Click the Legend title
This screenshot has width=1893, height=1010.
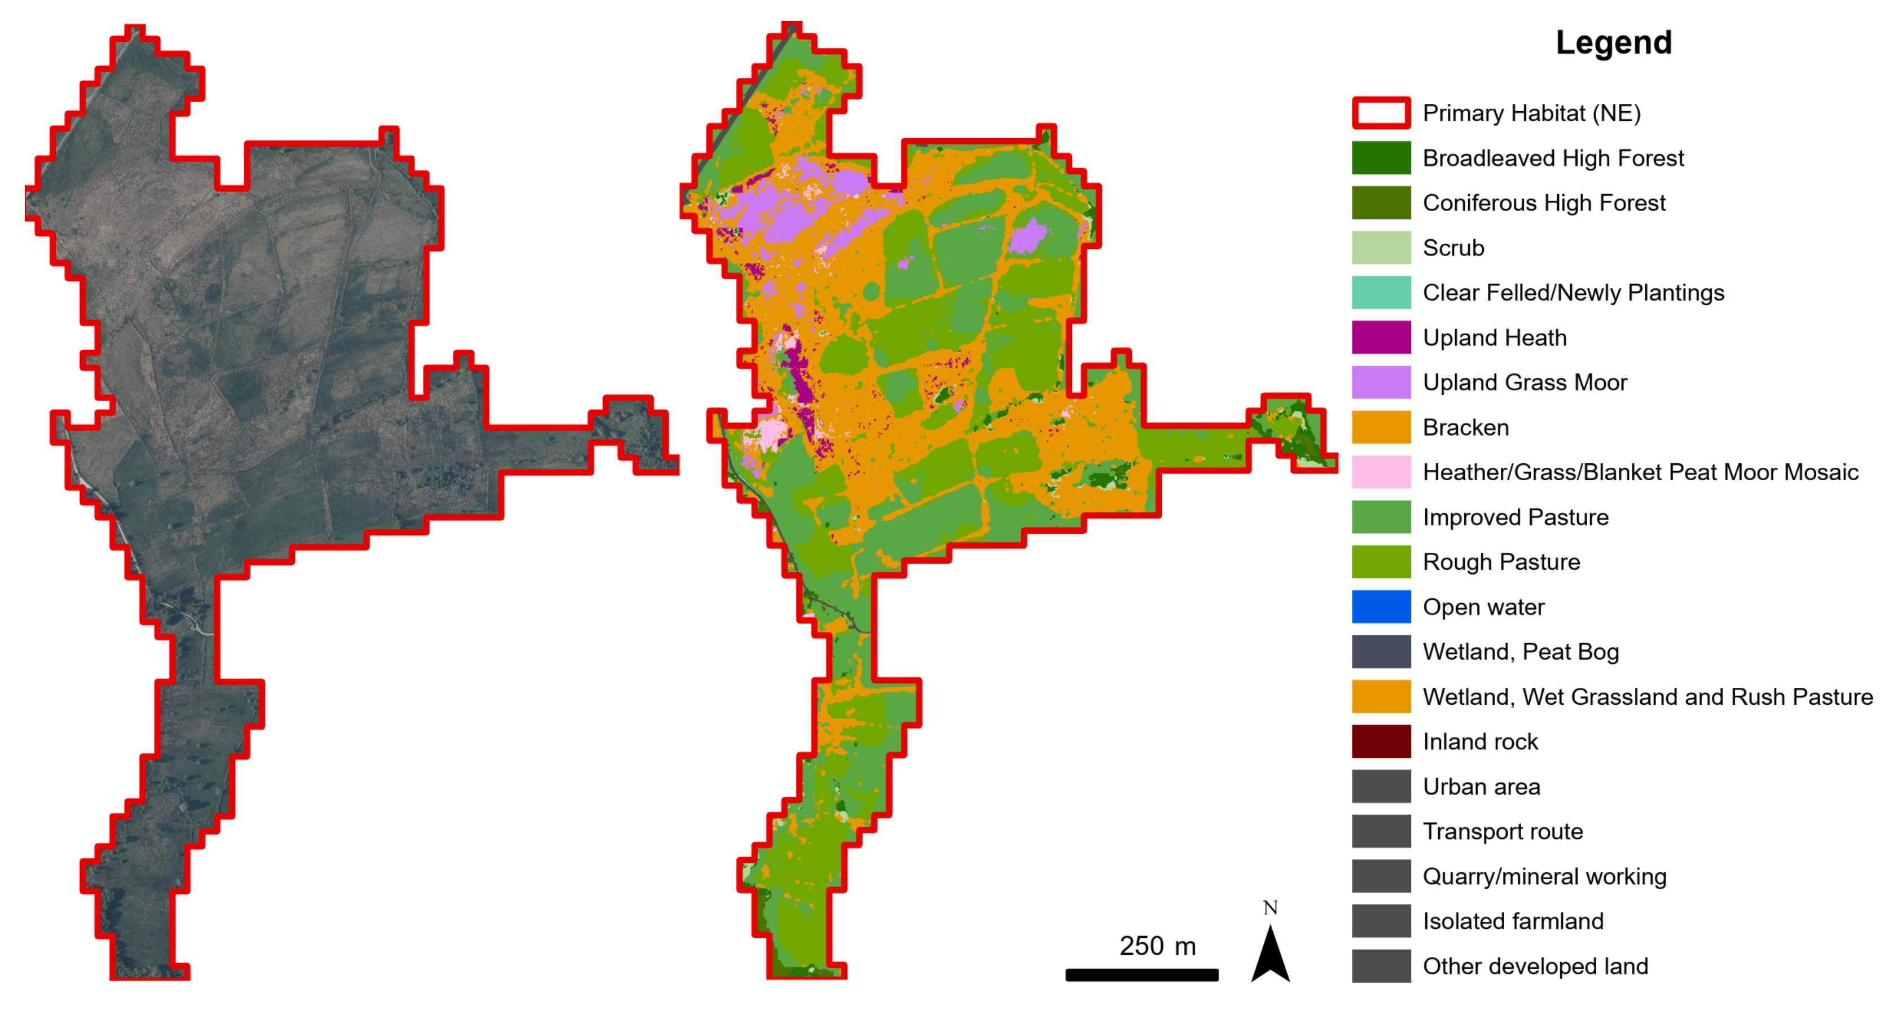point(1613,43)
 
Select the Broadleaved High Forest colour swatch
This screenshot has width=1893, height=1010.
point(1381,158)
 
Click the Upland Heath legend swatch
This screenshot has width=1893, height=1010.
point(1381,337)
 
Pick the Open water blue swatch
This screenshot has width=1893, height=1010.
point(1381,607)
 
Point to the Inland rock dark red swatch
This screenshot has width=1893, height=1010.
point(1381,741)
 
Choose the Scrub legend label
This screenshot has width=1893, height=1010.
point(1453,248)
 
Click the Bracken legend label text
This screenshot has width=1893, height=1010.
point(1465,427)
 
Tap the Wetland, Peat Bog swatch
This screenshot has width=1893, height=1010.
point(1381,651)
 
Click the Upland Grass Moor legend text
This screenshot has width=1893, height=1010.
point(1525,382)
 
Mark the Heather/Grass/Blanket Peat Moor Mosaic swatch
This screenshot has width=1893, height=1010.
point(1381,472)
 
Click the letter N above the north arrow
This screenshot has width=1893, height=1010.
point(1271,908)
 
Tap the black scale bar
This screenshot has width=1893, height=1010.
point(1141,974)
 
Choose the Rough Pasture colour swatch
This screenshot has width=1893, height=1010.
point(1381,561)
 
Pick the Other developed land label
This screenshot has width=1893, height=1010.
point(1535,966)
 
